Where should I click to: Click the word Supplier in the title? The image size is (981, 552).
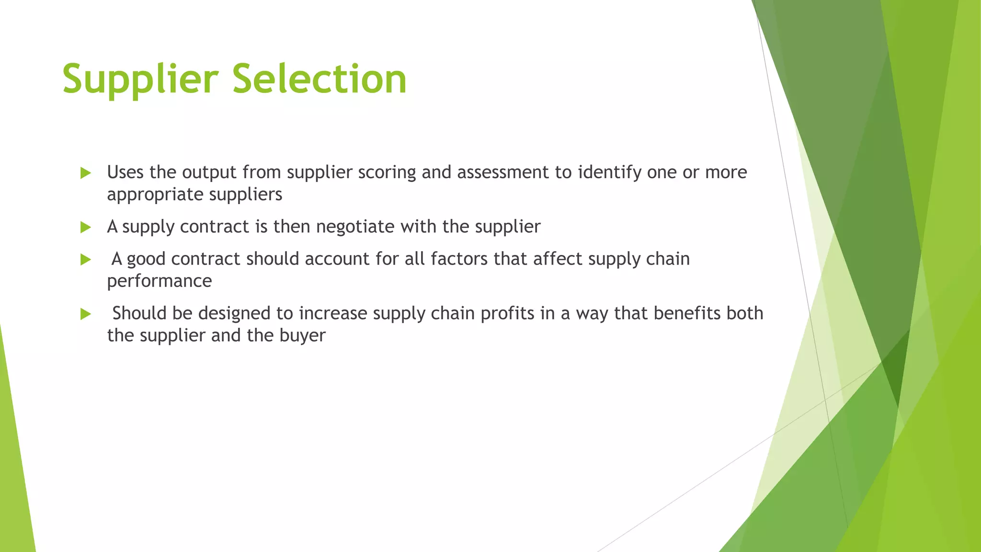140,80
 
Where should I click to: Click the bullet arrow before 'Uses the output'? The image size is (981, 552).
86,173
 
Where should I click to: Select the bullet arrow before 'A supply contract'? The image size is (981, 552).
86,227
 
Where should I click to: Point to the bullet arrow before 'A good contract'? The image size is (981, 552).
86,260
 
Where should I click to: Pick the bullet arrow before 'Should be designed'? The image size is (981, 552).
86,314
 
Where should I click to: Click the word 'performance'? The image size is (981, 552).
159,281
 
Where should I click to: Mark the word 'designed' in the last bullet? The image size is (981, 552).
234,313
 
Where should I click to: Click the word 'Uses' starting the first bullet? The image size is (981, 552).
125,172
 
